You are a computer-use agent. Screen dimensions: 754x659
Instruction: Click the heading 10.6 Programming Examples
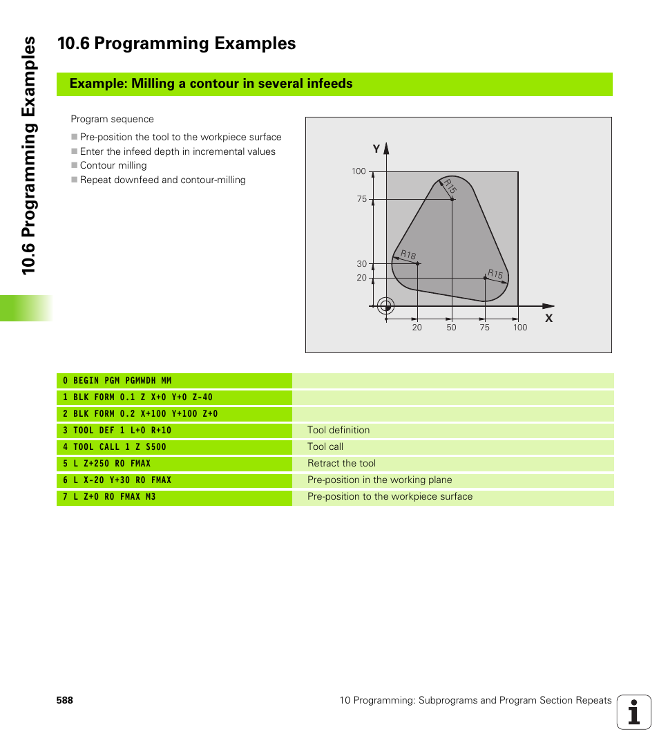coord(177,44)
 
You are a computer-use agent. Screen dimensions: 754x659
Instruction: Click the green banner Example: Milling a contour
coord(211,84)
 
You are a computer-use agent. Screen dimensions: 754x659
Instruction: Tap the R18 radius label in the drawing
coord(408,255)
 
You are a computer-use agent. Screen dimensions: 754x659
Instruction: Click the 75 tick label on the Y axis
coord(361,199)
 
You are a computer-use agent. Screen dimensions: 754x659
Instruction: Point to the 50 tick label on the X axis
coord(451,328)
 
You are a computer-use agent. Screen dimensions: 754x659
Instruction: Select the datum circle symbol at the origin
coord(385,305)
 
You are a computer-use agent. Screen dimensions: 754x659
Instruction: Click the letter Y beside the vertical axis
coord(376,149)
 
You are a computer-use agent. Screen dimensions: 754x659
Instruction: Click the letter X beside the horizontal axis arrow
coord(548,318)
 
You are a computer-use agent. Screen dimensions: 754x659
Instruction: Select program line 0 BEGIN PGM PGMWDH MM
coord(117,381)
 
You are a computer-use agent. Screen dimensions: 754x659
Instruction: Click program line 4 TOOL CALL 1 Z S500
coord(114,447)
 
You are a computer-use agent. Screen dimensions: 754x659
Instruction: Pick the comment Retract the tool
coord(341,463)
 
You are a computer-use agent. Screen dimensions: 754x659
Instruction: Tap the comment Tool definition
coord(338,430)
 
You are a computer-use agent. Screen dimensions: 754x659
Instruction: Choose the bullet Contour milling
coord(113,165)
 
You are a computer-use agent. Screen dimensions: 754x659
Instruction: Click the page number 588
coord(64,700)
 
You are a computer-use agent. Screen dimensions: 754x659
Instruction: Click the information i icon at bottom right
coord(634,712)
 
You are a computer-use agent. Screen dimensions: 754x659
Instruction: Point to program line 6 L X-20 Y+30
coord(117,480)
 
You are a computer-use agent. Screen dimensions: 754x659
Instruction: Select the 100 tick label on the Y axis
coord(359,171)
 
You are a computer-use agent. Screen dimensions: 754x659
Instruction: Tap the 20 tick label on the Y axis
coord(361,278)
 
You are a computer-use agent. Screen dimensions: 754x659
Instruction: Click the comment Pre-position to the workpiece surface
coord(390,496)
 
